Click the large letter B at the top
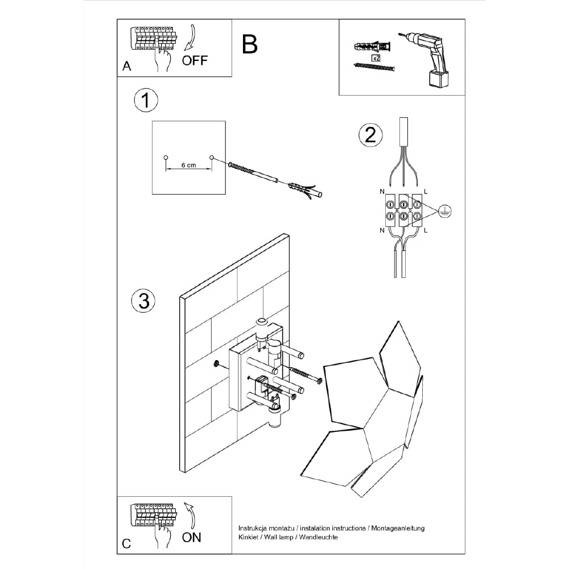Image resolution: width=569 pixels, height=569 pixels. pos(250,44)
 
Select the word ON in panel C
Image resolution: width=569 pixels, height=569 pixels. pos(192,537)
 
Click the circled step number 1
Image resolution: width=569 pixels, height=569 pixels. pos(146,101)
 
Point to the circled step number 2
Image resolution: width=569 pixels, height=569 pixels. pos(370,135)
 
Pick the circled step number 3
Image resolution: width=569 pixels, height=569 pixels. pos(143,300)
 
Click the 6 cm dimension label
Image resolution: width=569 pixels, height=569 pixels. pos(188,165)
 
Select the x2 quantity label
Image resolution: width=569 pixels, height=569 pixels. pos(376,58)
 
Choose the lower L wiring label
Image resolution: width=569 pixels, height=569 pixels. pos(425,230)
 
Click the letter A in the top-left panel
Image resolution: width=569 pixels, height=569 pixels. pos(127,67)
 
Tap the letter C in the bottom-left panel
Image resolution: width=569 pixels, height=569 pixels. pos(127,544)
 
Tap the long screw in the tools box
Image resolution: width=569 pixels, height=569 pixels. pos(374,68)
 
